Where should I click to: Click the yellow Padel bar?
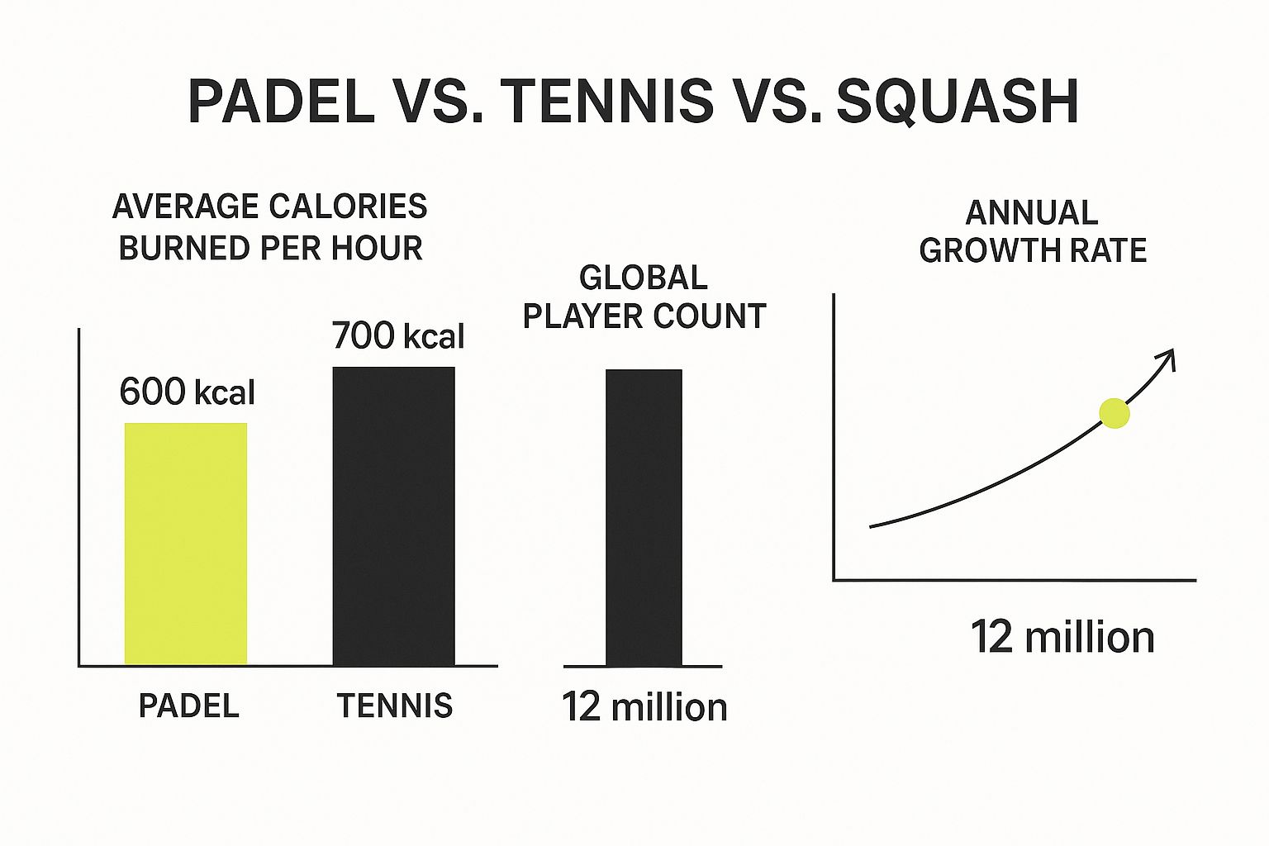point(186,544)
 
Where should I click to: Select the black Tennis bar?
point(393,516)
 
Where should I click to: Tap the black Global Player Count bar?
point(644,518)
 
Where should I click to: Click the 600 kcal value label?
point(188,392)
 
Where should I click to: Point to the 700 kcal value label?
point(398,336)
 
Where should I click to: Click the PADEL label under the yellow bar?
point(188,706)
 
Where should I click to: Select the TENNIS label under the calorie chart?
point(395,706)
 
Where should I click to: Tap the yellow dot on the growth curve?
point(1115,413)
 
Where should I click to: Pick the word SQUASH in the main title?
point(958,102)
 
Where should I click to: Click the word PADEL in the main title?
point(282,102)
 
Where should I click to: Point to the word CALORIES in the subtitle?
point(355,207)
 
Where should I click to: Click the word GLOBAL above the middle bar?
point(644,278)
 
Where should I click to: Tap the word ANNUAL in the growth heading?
point(1032,213)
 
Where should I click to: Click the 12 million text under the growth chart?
point(1062,638)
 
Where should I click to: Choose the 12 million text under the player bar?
point(644,708)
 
